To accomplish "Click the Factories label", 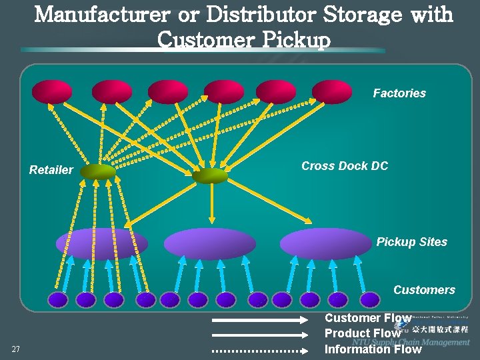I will click(399, 93).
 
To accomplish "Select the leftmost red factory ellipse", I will click(52, 91).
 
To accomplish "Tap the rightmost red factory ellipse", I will click(331, 91).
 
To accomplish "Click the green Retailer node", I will click(98, 172).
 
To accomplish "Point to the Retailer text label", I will click(51, 170).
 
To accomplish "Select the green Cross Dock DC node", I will click(210, 175).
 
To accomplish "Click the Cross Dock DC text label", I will click(344, 166).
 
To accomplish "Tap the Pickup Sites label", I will click(411, 242).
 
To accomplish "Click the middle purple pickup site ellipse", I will click(209, 244).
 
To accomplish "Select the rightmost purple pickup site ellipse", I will click(325, 244).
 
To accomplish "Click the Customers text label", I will click(424, 290).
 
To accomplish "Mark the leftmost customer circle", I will click(58, 300).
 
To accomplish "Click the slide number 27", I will click(16, 349).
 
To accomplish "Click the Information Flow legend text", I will click(373, 349).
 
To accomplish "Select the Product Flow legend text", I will click(362, 333).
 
